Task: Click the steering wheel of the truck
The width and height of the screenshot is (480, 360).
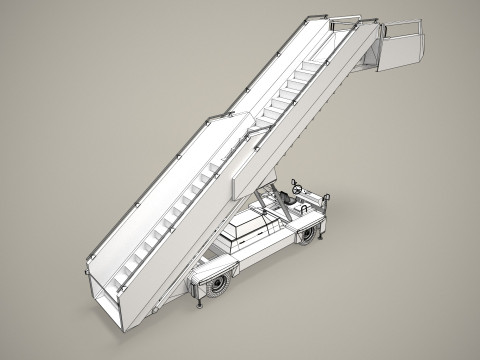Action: tap(297, 187)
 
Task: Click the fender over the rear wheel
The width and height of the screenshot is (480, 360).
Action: tap(215, 269)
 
